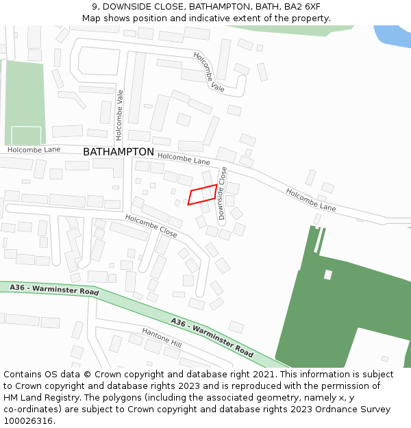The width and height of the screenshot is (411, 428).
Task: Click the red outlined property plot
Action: [203, 194]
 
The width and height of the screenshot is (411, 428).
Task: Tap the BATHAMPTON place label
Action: [119, 152]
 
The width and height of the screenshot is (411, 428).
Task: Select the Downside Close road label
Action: [223, 193]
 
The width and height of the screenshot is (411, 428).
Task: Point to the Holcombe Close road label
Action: [151, 226]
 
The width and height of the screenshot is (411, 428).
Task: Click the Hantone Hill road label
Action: [162, 337]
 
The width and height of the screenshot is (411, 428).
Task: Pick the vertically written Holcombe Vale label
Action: [119, 111]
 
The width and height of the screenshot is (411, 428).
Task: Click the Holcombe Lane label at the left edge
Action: [34, 149]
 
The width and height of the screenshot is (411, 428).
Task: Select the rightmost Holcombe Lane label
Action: [311, 199]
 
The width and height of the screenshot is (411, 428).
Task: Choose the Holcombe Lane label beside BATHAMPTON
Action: [184, 159]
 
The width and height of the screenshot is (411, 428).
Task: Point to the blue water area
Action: [393, 35]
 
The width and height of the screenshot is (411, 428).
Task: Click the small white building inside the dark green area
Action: [328, 275]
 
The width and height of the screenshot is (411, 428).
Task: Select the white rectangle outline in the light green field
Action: [26, 135]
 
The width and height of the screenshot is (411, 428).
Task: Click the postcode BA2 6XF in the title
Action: [301, 7]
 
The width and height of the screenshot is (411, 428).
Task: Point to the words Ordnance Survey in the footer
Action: [346, 409]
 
